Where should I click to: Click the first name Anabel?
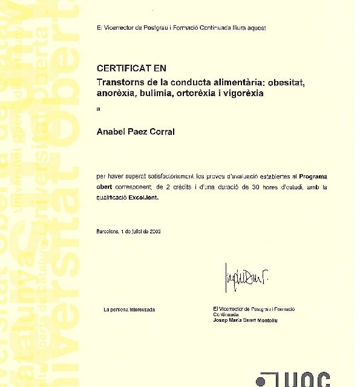[x=111, y=132]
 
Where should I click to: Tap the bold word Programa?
[x=313, y=176]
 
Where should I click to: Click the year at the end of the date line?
[x=154, y=232]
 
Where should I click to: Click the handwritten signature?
[x=246, y=278]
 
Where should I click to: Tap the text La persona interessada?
[x=129, y=310]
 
